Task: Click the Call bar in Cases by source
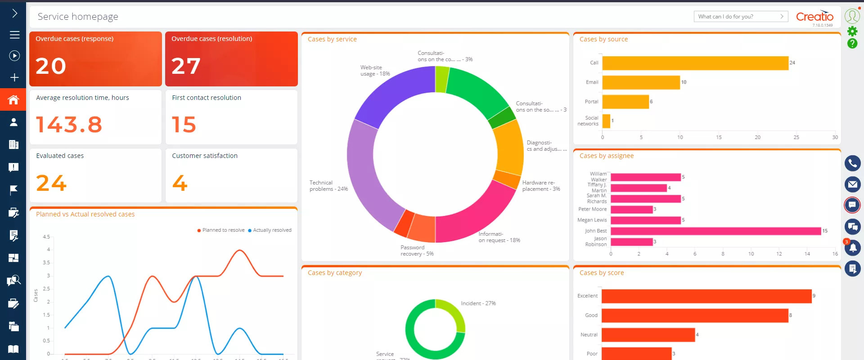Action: point(695,63)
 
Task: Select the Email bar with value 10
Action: point(641,82)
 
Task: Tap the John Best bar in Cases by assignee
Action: point(715,231)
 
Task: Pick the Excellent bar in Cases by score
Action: point(706,296)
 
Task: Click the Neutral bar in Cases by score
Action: point(648,335)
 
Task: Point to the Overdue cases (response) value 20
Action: point(51,66)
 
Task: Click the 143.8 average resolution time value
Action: point(69,125)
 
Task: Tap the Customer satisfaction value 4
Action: point(180,183)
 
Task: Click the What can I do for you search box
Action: point(738,17)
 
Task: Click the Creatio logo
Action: point(814,17)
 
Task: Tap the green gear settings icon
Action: point(852,31)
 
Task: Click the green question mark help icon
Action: point(852,44)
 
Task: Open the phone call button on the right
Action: point(852,163)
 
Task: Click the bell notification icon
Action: point(852,248)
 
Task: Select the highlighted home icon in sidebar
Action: point(13,99)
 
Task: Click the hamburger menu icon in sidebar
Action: point(14,35)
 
